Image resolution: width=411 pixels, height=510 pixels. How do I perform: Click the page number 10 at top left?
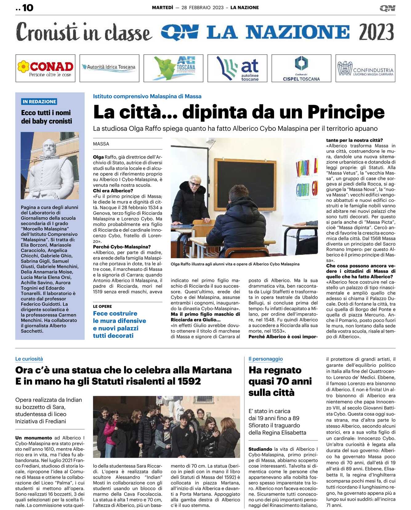point(27,8)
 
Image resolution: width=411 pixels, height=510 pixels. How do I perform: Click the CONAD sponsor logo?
point(46,68)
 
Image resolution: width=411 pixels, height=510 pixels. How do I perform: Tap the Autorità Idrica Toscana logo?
point(109,67)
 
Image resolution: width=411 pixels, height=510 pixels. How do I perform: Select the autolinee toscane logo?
point(237,68)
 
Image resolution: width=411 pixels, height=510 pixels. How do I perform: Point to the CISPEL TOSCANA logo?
point(301,68)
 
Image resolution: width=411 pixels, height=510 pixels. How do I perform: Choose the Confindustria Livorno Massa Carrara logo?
point(365,68)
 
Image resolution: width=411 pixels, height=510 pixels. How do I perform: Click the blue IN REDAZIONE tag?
point(39,102)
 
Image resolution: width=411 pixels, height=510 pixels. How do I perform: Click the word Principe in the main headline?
point(346,112)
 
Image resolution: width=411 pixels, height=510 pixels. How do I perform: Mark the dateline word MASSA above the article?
point(101,144)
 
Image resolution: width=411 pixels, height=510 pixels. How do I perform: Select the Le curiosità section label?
point(29,359)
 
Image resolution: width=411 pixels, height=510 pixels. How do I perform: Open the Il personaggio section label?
point(265,359)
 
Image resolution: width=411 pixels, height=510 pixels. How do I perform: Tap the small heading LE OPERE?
point(103,307)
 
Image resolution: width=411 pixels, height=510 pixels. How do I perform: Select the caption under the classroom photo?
point(235,264)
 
